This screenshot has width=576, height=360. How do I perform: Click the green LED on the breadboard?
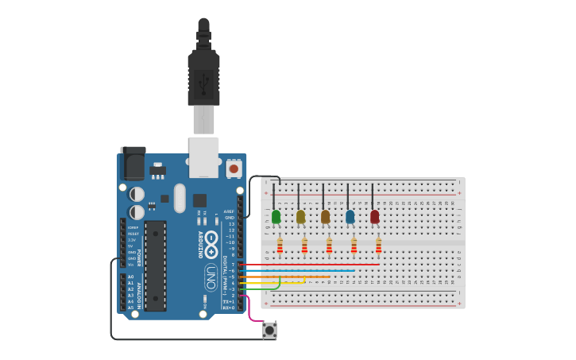pos(276,216)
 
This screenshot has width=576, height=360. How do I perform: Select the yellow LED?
pos(300,216)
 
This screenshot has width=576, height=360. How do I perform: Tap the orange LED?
pos(325,216)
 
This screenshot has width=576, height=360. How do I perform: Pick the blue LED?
pos(350,216)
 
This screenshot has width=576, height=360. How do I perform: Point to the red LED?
pos(374,216)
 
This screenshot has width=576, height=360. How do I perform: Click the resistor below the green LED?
pos(280,246)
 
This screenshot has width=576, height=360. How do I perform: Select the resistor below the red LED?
pos(378,246)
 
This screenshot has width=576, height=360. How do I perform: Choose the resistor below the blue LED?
pos(354,246)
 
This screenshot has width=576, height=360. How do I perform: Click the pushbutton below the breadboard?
pos(270,329)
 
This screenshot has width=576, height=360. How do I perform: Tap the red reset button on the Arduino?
pos(234,168)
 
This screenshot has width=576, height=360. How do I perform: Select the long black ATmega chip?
pos(156,265)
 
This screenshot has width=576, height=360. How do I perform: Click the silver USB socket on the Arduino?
pos(203,157)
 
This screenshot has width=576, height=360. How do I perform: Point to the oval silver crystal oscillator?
pos(180,198)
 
